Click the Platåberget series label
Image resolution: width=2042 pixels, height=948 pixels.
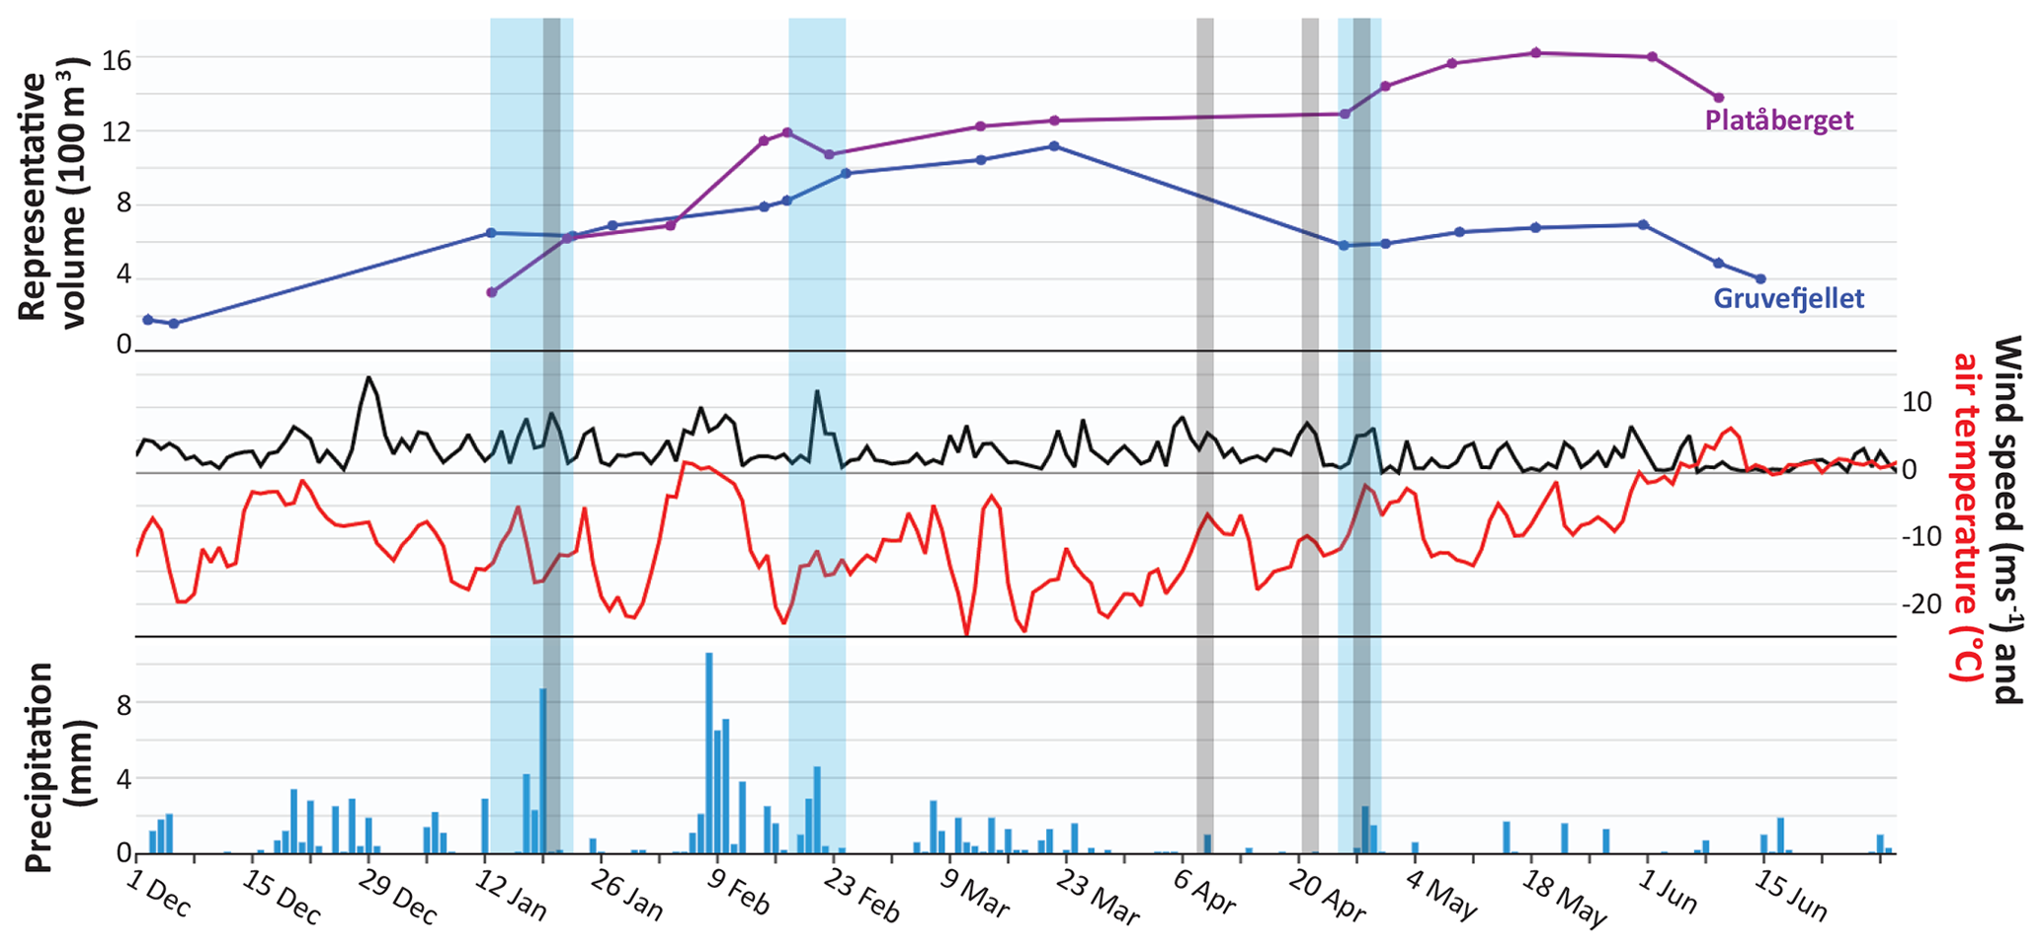(1779, 120)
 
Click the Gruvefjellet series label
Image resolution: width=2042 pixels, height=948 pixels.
(1788, 298)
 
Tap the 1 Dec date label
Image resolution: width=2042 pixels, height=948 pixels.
(158, 895)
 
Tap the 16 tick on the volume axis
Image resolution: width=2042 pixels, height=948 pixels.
(117, 60)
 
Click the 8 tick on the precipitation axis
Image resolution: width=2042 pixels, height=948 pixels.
(123, 704)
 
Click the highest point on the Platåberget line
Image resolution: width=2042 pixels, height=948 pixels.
(1535, 52)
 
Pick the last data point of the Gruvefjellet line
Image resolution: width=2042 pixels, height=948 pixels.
(1760, 278)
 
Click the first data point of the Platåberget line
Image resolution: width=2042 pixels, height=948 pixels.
(492, 292)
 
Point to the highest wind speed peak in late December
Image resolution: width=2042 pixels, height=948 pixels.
(368, 377)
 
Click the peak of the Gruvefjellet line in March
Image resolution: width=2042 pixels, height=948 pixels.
(1054, 146)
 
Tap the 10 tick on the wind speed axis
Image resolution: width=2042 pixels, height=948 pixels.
(1917, 402)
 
